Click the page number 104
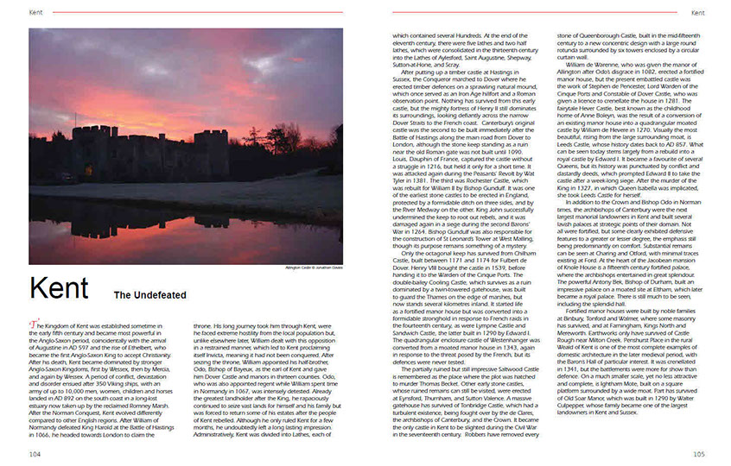[35, 453]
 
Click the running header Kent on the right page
[696, 13]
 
